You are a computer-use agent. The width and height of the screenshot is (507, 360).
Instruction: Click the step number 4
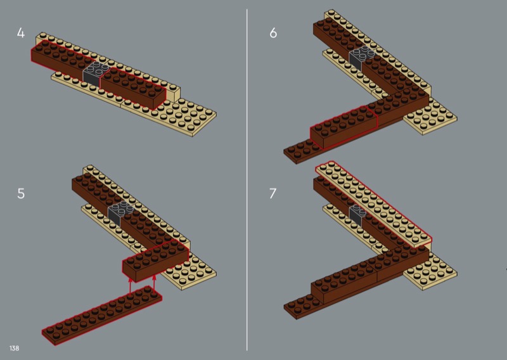click(x=21, y=33)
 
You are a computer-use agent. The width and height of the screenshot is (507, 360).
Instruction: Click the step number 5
click(x=21, y=193)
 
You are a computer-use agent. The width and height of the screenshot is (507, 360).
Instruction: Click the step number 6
click(x=273, y=33)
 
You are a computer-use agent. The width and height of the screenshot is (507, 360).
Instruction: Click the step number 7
click(x=273, y=193)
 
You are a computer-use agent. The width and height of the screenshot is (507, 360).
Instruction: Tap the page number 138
click(x=14, y=348)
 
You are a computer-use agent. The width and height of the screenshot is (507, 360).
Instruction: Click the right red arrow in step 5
click(x=154, y=283)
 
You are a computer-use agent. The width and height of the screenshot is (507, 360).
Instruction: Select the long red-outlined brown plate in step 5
click(x=102, y=316)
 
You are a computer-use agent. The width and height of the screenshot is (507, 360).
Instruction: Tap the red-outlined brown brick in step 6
click(x=343, y=127)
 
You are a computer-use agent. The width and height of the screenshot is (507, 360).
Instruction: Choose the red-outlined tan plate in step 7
click(x=374, y=205)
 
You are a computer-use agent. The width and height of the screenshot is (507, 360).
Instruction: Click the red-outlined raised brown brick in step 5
click(x=155, y=261)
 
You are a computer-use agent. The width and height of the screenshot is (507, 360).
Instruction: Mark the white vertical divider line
click(x=247, y=180)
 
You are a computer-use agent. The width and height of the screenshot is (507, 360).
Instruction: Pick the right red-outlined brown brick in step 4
click(x=133, y=88)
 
